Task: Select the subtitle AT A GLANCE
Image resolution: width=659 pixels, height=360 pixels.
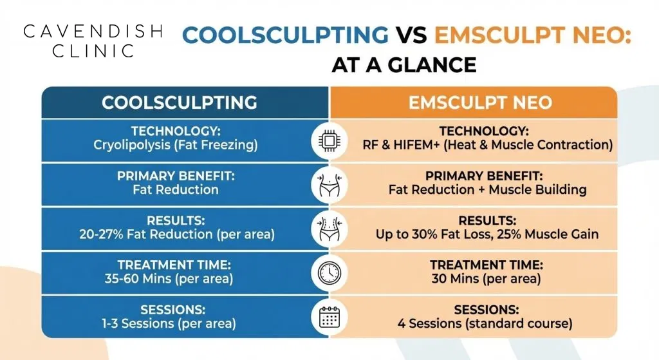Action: [404, 65]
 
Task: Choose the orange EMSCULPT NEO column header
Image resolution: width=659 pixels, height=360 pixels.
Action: [472, 102]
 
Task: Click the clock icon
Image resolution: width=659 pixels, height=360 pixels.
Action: [329, 274]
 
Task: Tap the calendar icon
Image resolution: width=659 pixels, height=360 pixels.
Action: [329, 317]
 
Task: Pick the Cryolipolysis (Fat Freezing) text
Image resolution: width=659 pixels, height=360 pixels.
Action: [176, 145]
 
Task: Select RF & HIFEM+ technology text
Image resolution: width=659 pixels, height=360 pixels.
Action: [487, 145]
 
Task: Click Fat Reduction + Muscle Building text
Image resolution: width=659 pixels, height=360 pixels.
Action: [487, 190]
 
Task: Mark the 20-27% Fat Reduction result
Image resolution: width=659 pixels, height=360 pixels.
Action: [176, 234]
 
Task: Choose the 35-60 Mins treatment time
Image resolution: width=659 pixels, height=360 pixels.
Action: [168, 279]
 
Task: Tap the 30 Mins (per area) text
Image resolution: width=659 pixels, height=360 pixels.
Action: [487, 279]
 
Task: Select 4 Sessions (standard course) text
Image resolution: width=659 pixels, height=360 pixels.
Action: [487, 323]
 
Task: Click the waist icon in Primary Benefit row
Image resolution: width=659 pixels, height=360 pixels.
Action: [329, 185]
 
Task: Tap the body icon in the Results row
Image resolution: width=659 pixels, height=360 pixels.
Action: [329, 229]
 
